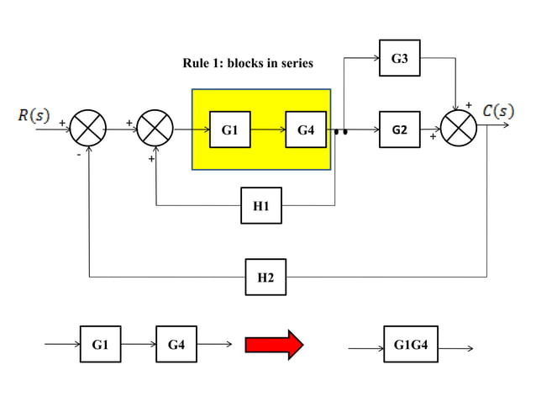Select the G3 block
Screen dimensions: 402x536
399,59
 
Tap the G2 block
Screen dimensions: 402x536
399,130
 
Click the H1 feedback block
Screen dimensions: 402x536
260,205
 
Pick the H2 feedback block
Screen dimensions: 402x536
265,277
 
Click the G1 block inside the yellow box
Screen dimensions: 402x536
229,130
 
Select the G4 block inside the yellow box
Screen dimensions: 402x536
306,130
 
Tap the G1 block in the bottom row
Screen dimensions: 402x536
101,344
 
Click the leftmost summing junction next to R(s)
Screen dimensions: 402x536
87,130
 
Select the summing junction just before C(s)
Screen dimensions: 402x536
459,130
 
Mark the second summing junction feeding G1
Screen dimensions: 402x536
155,130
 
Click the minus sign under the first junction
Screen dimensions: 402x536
78,155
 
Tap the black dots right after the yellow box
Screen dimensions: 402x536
340,132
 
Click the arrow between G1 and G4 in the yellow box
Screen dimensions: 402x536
268,130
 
